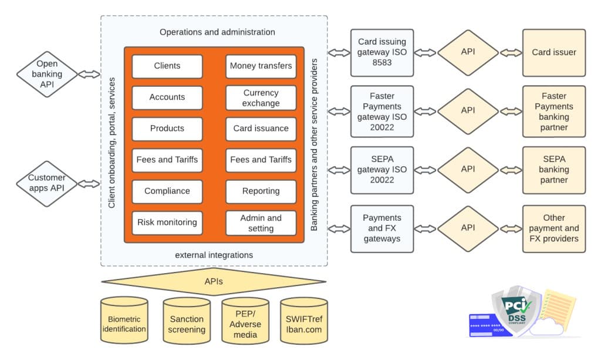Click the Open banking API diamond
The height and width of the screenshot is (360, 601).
(47, 74)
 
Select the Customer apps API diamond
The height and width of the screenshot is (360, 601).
(47, 183)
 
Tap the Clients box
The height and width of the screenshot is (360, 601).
(167, 66)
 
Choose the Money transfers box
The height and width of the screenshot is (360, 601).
(261, 66)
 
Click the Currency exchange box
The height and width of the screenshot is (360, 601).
(261, 98)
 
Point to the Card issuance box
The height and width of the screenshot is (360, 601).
(261, 129)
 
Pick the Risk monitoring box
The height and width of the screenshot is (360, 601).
(167, 223)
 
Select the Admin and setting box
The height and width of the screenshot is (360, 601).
(261, 223)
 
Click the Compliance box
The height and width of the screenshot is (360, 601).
(167, 191)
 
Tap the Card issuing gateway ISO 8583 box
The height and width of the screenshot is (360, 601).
(381, 52)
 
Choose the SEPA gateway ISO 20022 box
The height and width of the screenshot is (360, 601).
(381, 170)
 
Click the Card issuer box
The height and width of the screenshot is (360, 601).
(553, 52)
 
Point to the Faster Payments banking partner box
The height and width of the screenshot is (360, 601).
(553, 111)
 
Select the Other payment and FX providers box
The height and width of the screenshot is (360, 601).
(553, 228)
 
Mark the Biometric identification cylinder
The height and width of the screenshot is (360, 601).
(124, 324)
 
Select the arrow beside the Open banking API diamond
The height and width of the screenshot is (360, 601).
(89, 74)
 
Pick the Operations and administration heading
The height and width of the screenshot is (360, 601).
(217, 32)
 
